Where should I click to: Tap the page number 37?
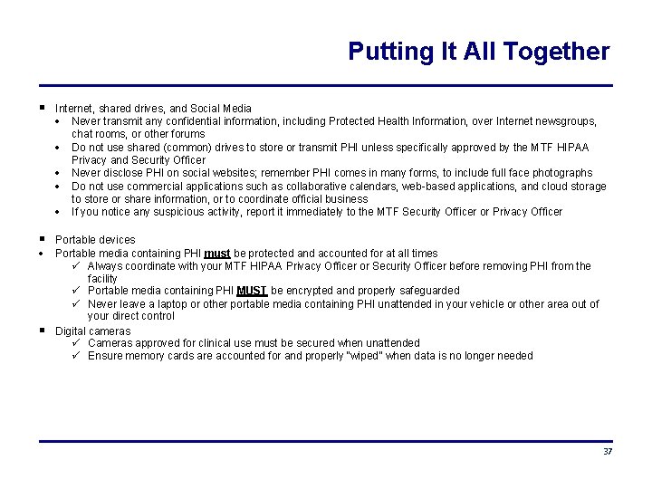(x=608, y=452)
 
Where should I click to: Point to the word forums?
(x=188, y=134)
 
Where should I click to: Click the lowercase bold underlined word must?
(x=217, y=254)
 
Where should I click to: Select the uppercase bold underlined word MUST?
(x=251, y=291)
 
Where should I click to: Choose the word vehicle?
(x=489, y=304)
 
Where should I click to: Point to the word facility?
(x=102, y=279)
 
